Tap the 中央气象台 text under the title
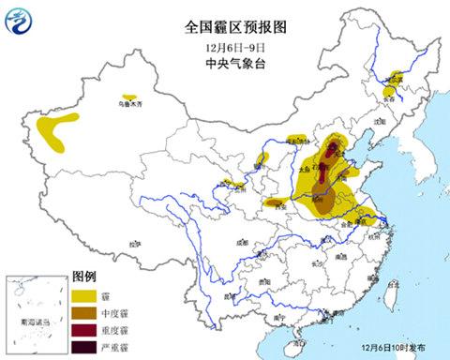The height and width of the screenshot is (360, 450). click(224, 63)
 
